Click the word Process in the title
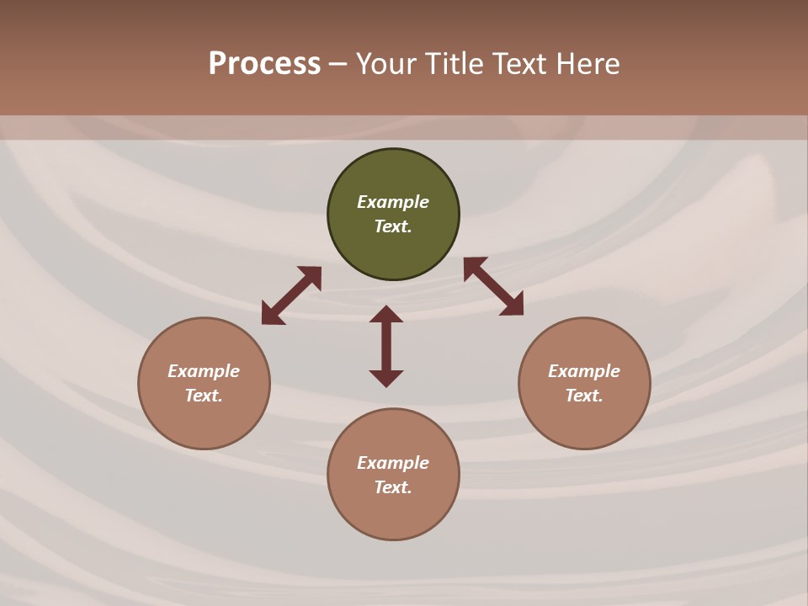(264, 64)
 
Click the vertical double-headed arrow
(386, 347)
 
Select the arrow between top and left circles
(291, 295)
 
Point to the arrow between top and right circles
(493, 286)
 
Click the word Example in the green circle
(393, 202)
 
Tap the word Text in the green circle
(393, 226)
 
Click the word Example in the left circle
(204, 371)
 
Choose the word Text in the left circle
(204, 396)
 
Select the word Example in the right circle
(584, 371)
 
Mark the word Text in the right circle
(584, 396)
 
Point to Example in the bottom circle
(393, 463)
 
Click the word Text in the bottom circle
(393, 487)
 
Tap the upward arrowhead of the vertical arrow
(386, 314)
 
